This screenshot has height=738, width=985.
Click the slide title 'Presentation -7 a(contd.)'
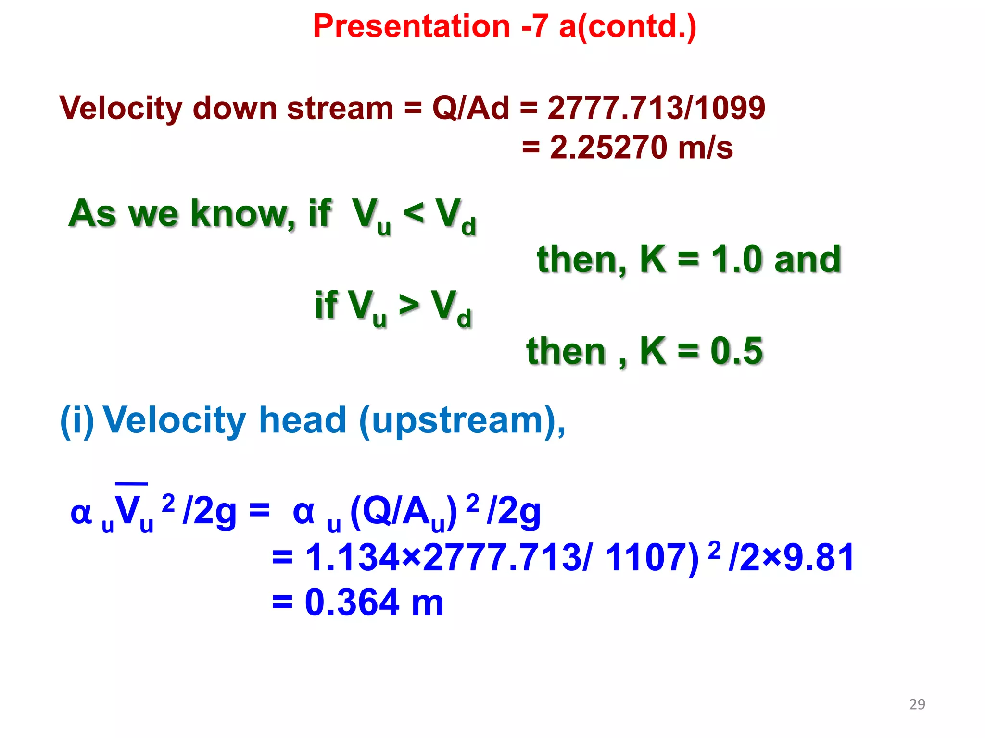[x=505, y=26]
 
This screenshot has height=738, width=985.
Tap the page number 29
[x=917, y=704]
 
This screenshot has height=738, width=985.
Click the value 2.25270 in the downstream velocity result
[x=608, y=148]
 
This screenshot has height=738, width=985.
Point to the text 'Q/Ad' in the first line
[x=470, y=108]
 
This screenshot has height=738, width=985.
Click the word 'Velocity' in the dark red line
[x=121, y=109]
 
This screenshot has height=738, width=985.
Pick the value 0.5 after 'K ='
[x=736, y=351]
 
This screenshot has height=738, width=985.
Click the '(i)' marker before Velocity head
[x=76, y=421]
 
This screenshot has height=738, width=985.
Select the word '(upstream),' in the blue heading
[x=462, y=421]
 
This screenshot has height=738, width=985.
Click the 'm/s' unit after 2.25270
[x=705, y=148]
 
